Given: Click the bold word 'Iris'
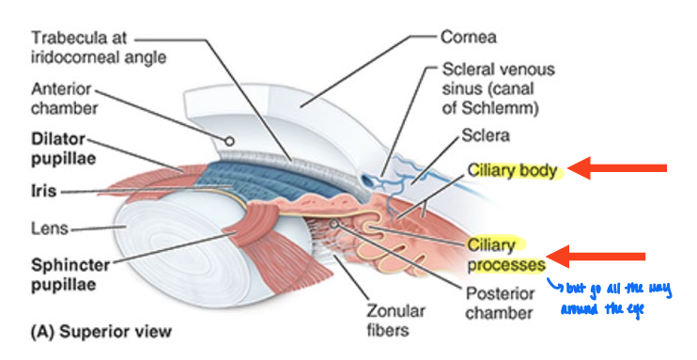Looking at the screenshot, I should [43, 191].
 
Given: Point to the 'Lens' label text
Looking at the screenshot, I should [49, 227].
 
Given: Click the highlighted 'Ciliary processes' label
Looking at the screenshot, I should [503, 255].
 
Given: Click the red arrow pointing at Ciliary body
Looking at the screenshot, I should [619, 169].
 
